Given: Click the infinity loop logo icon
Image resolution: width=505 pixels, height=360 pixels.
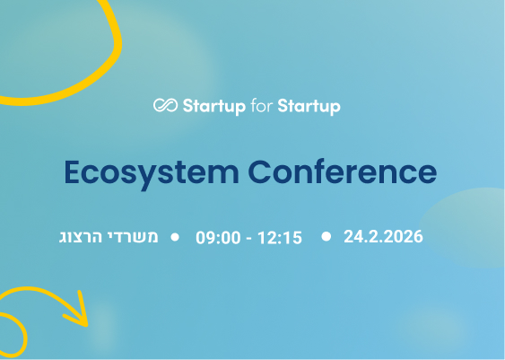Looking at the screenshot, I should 165,106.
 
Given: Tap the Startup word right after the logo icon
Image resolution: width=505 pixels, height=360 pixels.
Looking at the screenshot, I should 213,107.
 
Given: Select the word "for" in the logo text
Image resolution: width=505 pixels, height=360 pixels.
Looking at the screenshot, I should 260,106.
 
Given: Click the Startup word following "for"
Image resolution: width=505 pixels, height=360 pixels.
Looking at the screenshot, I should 309,107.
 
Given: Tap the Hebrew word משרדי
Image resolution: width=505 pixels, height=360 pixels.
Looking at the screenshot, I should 139,237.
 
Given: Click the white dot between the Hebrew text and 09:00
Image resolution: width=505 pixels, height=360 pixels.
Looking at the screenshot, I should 175,237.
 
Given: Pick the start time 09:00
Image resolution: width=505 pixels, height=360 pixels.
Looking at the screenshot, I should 218,238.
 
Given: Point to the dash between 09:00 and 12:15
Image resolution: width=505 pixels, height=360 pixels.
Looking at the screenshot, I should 249,238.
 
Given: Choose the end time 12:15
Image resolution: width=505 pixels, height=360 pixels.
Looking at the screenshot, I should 280,238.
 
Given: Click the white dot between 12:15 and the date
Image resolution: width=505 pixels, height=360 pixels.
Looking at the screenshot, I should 326,236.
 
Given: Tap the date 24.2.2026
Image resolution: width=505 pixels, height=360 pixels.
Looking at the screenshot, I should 383,237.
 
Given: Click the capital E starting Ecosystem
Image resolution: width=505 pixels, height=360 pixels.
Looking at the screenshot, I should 73,171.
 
